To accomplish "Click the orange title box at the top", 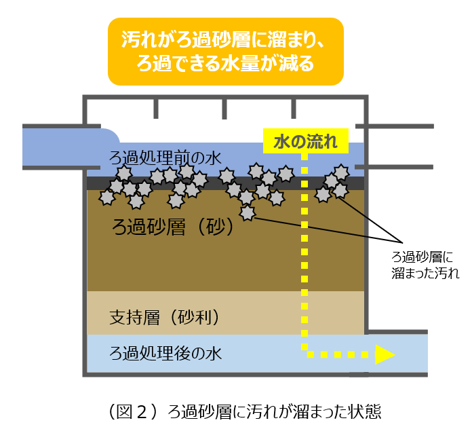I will point(226,51).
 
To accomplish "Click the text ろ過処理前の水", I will point(165,158).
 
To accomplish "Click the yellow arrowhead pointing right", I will point(385,354).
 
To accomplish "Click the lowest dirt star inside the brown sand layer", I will point(248,213).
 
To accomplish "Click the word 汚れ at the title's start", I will point(138,39).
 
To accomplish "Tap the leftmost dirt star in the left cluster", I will point(106,198).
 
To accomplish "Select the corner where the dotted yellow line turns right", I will point(304,354).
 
